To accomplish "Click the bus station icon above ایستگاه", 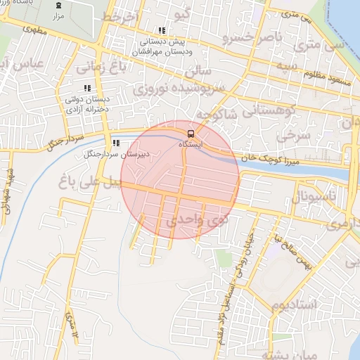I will (190, 133).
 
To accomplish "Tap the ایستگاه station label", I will (190, 143).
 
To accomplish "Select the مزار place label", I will (58, 14).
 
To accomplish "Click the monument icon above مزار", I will (58, 5).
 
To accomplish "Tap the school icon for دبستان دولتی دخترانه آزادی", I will (88, 89).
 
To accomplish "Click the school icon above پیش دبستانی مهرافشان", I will (162, 31).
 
